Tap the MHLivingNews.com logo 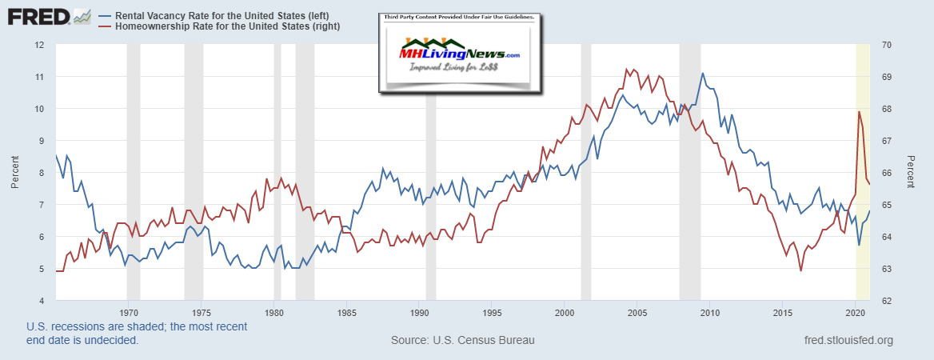tap(460, 54)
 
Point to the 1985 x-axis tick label tap(346, 312)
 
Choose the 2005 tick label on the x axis tap(637, 312)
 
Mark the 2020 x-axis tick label tap(856, 312)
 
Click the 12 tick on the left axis tap(38, 44)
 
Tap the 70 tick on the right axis tap(886, 44)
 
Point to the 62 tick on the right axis tap(886, 301)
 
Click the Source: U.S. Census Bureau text tap(462, 341)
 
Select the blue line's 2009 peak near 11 tap(702, 74)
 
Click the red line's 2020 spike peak tap(859, 112)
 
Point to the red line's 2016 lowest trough tap(800, 270)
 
